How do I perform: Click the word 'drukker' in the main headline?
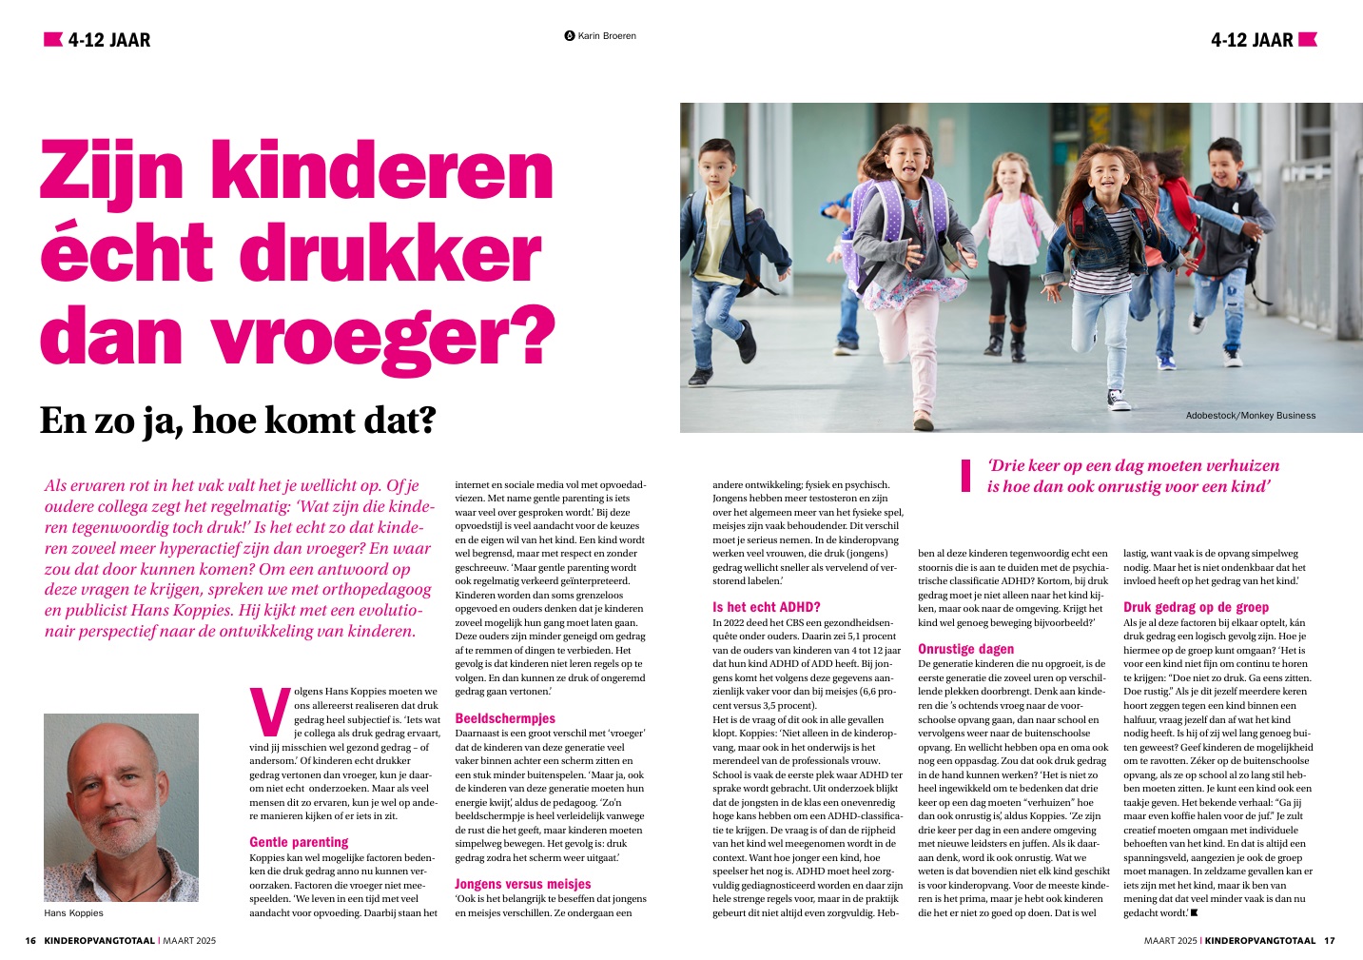[389, 253]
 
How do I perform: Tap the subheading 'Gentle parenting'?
[299, 842]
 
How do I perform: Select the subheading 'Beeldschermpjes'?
[505, 718]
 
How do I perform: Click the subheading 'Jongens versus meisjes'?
[522, 884]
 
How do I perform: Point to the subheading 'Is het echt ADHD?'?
[766, 607]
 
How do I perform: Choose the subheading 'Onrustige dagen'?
[965, 649]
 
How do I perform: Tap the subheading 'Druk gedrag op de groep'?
[1196, 607]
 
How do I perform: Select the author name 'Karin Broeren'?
[606, 36]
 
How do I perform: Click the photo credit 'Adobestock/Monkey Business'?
[1250, 415]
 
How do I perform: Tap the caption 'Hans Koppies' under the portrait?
[73, 913]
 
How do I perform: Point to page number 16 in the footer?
[30, 941]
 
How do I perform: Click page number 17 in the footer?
[1330, 941]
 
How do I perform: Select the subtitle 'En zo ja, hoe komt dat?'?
[237, 420]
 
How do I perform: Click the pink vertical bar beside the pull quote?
[964, 476]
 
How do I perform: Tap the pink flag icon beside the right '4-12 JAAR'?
[1308, 39]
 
